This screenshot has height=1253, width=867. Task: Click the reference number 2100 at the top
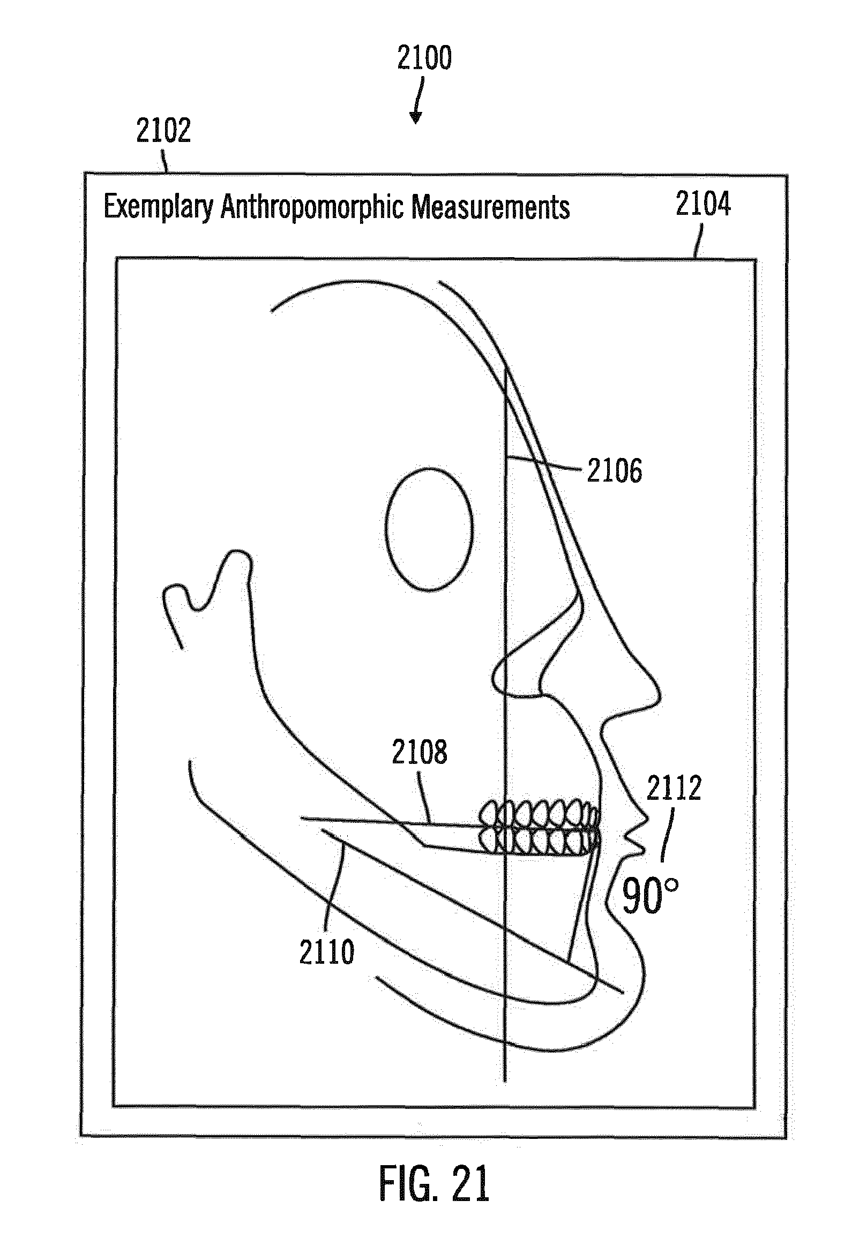click(424, 58)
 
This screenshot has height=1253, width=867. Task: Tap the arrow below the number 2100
click(417, 103)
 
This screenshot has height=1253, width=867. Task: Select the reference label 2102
click(163, 131)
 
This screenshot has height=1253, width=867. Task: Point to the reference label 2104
click(703, 205)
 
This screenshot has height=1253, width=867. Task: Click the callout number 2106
click(615, 471)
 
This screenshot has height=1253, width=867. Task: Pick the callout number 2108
click(420, 752)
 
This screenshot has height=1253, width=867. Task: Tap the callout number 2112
click(674, 789)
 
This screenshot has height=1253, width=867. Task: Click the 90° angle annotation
click(649, 897)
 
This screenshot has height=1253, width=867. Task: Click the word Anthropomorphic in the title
click(311, 208)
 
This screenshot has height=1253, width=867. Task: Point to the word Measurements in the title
click(490, 208)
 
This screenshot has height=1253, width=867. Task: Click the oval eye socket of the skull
click(429, 530)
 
